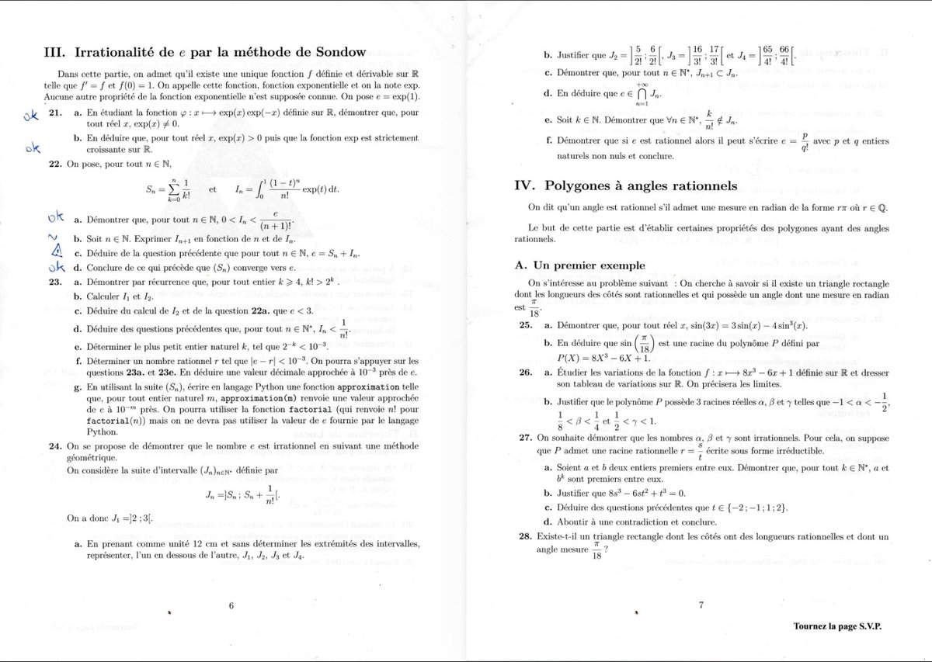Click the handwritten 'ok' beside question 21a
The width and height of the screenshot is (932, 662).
30,116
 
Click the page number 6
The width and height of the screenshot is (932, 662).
231,606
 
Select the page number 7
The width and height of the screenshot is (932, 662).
701,606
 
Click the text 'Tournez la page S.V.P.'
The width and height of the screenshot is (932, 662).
837,626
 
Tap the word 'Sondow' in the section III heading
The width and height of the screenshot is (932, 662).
336,53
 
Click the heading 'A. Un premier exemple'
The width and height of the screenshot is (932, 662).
579,265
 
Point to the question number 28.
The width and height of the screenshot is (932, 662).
524,536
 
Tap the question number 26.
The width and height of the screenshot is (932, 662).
524,373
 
